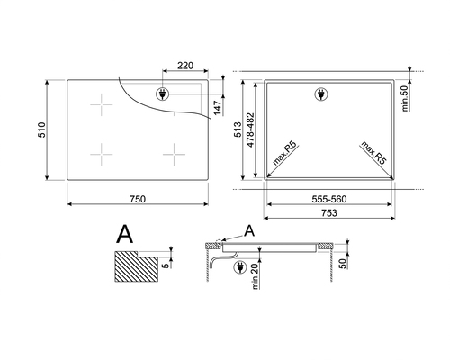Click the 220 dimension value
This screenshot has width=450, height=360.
[185, 66]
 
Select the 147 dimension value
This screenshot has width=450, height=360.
[218, 108]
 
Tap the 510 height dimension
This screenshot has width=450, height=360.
[41, 130]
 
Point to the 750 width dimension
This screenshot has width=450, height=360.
[138, 199]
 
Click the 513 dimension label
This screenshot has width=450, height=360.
[238, 130]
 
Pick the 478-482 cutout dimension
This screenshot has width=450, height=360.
[250, 130]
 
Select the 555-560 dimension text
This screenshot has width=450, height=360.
[329, 199]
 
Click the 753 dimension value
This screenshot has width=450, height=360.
[329, 213]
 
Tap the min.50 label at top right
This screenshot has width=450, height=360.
[405, 98]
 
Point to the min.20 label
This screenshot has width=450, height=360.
[256, 276]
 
